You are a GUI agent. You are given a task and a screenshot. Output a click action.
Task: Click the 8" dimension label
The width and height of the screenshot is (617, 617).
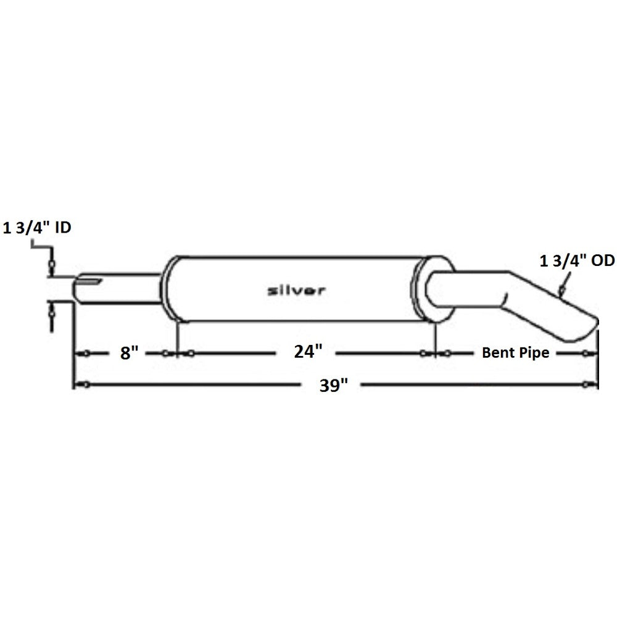(x=126, y=353)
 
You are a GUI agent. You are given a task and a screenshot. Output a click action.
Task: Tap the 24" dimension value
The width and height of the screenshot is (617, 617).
(x=308, y=352)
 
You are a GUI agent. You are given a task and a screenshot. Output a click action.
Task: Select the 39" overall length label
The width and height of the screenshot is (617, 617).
(x=333, y=386)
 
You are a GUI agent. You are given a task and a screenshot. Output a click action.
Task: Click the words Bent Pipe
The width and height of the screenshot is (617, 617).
(x=515, y=353)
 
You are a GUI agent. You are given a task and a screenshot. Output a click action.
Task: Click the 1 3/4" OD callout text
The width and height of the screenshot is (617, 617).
(x=576, y=262)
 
